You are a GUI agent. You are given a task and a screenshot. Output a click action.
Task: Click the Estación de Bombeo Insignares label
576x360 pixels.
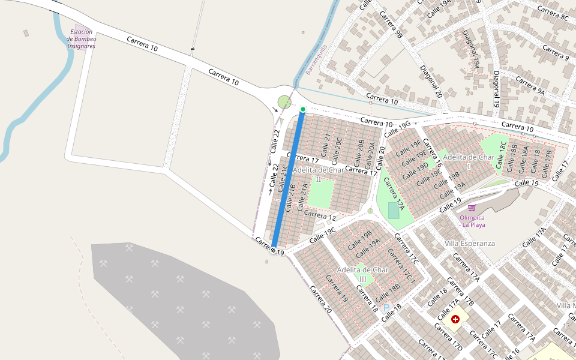(82, 39)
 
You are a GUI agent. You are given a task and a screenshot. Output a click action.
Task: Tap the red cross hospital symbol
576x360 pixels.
(455, 319)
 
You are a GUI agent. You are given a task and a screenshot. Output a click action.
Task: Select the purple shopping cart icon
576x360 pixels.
(472, 208)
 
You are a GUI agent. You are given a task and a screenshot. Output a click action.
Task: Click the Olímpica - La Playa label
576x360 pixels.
(472, 221)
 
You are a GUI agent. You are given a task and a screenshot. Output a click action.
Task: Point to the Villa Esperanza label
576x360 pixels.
(470, 244)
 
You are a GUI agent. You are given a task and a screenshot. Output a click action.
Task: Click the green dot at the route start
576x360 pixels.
(303, 109)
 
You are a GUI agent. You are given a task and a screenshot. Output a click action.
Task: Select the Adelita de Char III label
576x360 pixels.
(363, 274)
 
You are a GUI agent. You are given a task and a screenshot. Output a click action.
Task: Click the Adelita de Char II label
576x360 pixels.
(319, 174)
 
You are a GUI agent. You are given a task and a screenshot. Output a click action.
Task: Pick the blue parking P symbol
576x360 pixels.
(386, 308)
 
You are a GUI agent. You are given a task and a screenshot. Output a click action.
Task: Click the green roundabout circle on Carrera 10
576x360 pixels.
(284, 102)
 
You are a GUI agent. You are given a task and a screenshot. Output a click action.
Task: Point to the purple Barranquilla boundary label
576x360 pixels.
(317, 59)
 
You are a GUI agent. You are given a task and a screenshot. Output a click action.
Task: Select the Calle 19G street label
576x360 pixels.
(397, 128)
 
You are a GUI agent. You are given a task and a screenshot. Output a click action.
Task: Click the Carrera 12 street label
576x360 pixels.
(320, 214)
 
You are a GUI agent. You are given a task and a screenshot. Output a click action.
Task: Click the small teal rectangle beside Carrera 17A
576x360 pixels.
(393, 211)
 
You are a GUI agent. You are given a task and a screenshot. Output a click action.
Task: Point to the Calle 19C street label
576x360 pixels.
(322, 236)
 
